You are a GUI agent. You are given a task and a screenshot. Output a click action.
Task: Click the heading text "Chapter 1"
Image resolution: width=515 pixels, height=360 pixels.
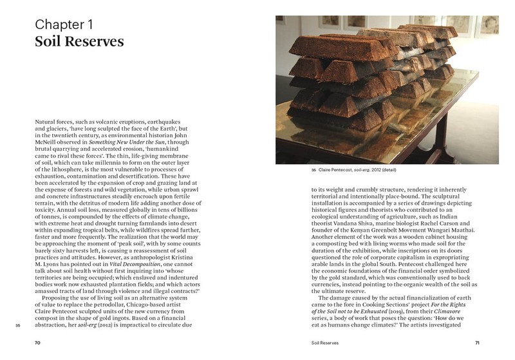[x=71, y=26]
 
